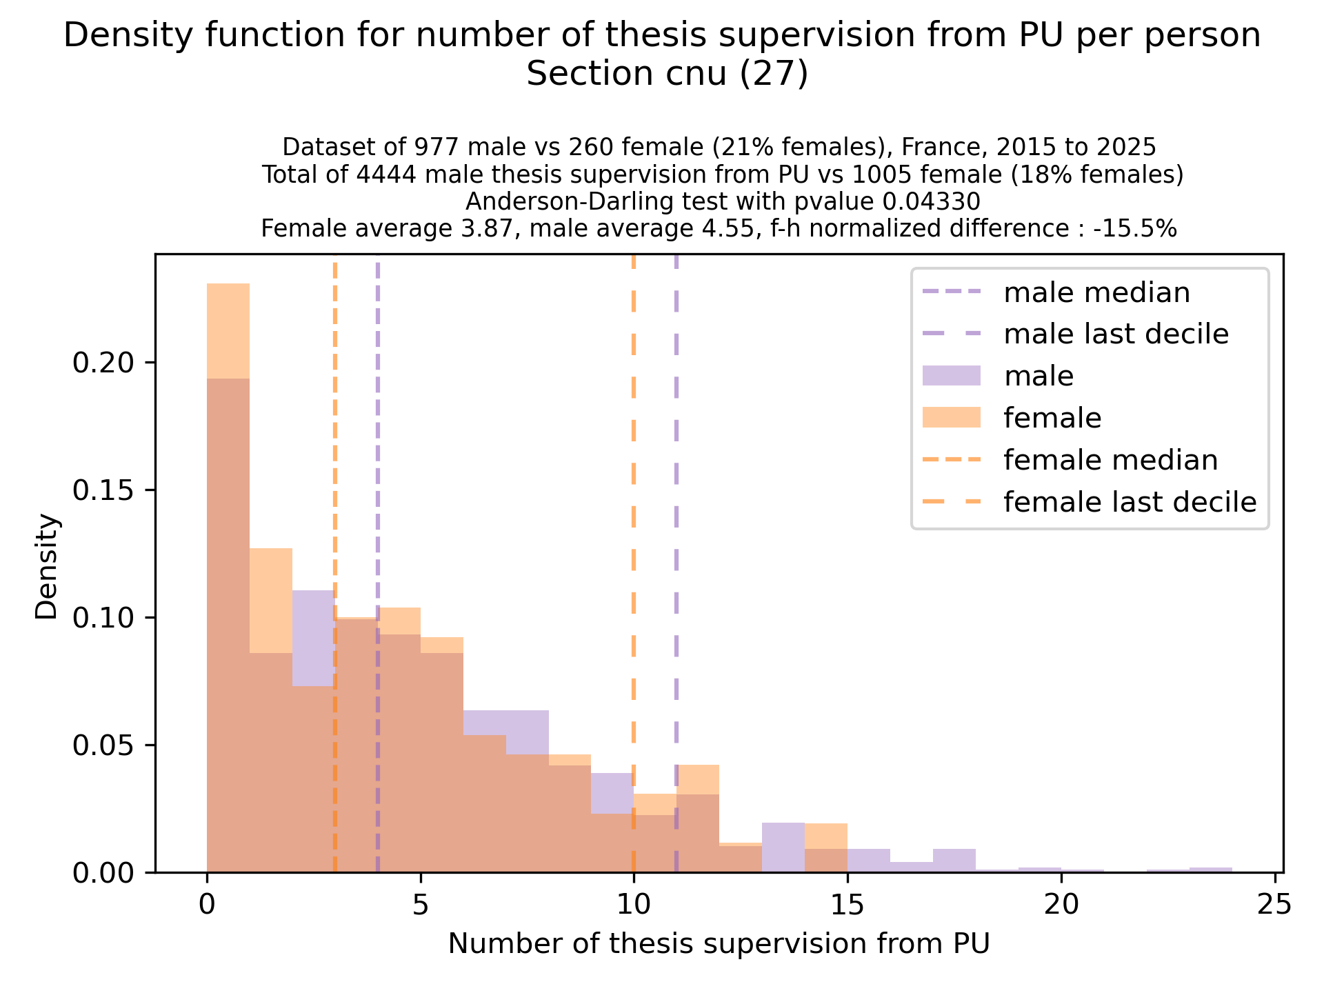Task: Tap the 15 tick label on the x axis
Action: pyautogui.click(x=847, y=903)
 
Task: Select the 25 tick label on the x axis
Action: pyautogui.click(x=1274, y=903)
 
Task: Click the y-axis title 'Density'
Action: pyautogui.click(x=48, y=566)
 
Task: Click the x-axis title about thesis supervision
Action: pyautogui.click(x=719, y=944)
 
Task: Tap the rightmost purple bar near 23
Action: pyautogui.click(x=1210, y=870)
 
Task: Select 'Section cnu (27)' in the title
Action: pyautogui.click(x=666, y=74)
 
